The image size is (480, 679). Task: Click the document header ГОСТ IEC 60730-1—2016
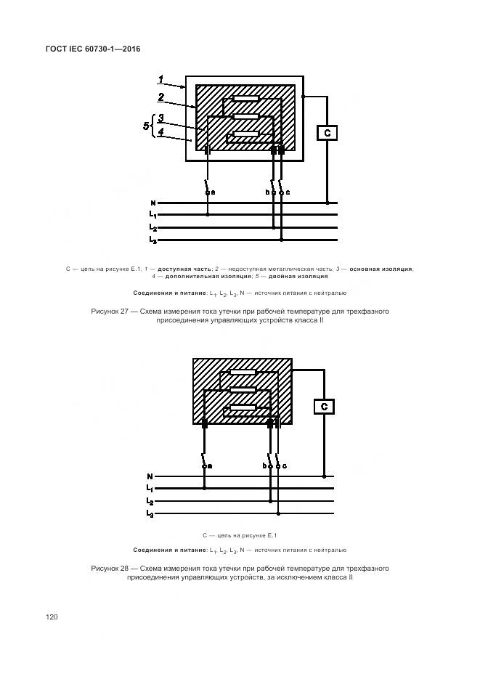tap(94, 49)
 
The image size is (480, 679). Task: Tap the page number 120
tap(52, 617)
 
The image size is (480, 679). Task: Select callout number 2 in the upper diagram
tap(161, 97)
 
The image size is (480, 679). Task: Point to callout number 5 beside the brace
tap(146, 126)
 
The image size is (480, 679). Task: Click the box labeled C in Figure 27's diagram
tap(327, 133)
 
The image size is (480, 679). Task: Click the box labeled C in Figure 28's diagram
tap(324, 406)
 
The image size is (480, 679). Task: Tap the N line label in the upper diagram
tap(152, 203)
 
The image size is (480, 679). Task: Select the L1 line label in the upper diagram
tap(152, 215)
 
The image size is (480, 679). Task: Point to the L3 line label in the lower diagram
tap(150, 514)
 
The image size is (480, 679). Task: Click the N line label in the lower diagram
tap(150, 476)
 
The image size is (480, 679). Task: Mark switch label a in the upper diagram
tap(213, 192)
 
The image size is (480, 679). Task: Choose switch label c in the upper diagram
tap(288, 192)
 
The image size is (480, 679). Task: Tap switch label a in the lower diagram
tap(210, 465)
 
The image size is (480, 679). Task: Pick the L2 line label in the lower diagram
tap(150, 502)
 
